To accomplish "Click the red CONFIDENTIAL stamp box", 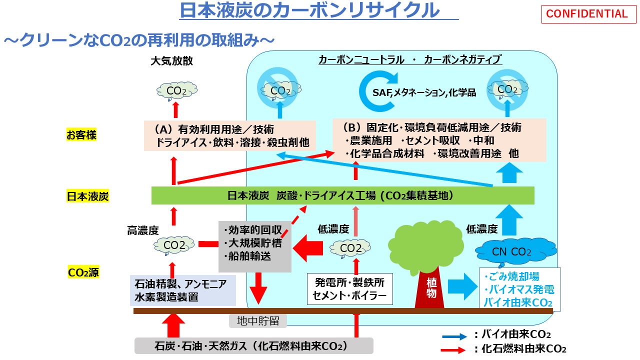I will click(x=586, y=14).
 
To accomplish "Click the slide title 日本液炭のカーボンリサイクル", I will click(x=310, y=10).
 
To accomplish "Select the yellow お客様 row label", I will click(x=81, y=135).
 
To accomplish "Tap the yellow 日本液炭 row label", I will click(x=87, y=196).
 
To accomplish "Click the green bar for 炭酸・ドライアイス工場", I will click(x=342, y=195).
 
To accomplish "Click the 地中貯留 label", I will click(x=258, y=320).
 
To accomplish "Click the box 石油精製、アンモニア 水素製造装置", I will click(x=182, y=290).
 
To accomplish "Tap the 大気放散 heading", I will click(x=171, y=61).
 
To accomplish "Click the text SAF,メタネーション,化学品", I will click(x=424, y=92).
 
